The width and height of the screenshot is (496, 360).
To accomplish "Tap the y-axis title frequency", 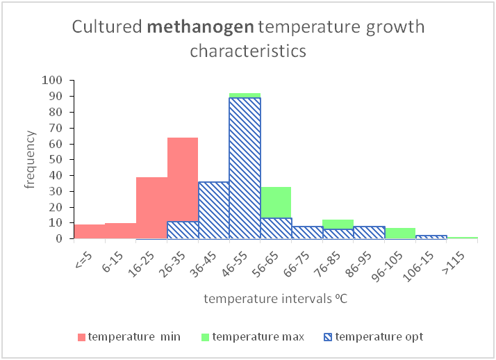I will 29,160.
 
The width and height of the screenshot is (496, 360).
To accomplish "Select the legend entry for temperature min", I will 129,337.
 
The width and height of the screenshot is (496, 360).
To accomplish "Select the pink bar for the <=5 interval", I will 90,231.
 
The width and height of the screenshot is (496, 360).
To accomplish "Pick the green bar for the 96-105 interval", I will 400,233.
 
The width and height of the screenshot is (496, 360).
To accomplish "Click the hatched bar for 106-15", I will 431,237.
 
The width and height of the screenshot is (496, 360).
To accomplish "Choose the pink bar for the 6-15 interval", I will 120,231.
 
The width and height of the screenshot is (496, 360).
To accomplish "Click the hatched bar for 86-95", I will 369,232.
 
